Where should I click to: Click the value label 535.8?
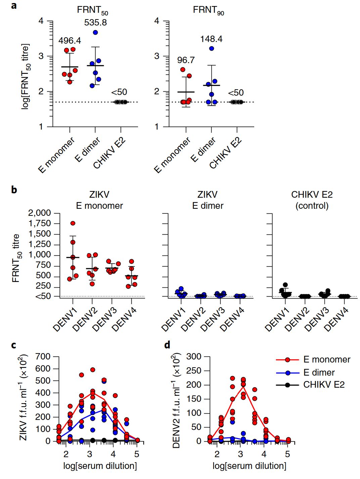coord(95,22)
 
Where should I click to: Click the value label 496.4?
coord(70,41)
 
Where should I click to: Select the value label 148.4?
coord(211,39)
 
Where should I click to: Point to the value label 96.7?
coord(186,60)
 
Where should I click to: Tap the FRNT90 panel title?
coord(208,10)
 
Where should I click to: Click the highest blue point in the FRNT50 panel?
coord(95,32)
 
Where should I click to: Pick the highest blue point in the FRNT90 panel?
coord(212,48)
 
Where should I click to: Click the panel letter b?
coord(14,190)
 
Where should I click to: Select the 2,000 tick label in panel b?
coord(39,213)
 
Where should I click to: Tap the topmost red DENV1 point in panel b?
coord(73,223)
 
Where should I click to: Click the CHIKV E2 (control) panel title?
coord(312,200)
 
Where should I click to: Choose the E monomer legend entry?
coord(326,360)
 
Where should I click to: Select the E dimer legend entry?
coord(319,373)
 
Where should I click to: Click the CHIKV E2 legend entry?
coord(324,385)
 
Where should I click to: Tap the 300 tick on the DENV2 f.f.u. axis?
coord(194,356)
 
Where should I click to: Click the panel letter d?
coord(167,345)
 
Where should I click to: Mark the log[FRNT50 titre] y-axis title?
coord(26,77)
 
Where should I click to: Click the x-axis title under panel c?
coord(100,466)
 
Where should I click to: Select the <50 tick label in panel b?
coord(43,296)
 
